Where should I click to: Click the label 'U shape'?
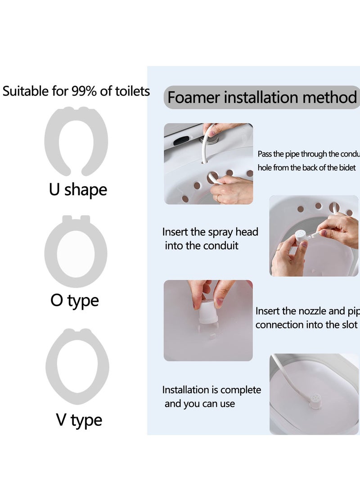coord(78,189)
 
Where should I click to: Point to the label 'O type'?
coord(74,300)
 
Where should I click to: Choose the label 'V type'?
coord(79,420)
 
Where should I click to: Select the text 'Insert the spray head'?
coord(210,232)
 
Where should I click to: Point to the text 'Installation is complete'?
coord(211,390)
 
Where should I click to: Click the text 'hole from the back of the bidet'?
coord(307,167)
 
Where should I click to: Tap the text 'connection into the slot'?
coord(306,324)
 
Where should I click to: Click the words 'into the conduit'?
coord(202,246)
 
